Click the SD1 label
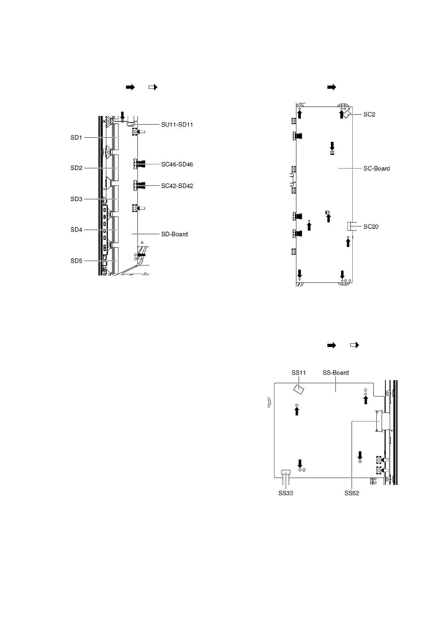(x=76, y=138)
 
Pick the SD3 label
(x=76, y=199)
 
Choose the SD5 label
(x=76, y=261)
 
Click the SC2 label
(x=369, y=114)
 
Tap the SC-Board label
(x=376, y=169)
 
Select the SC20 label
(x=371, y=227)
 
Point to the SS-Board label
(x=335, y=373)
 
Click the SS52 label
(x=352, y=494)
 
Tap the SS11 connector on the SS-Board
(x=299, y=389)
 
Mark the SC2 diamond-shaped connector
(x=347, y=114)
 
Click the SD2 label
(x=76, y=168)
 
